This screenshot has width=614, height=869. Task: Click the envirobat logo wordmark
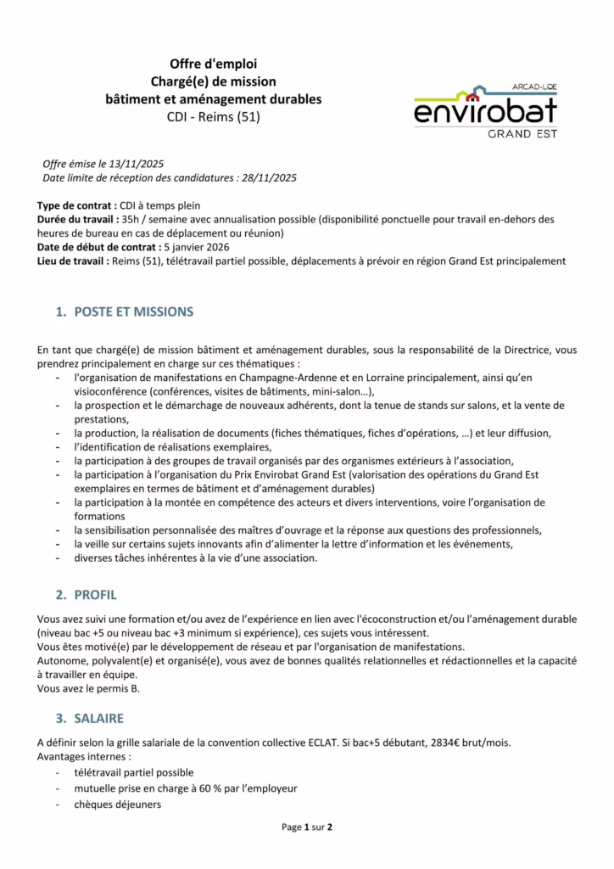485,110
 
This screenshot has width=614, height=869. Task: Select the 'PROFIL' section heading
95,595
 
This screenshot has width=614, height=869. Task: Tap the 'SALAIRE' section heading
98,718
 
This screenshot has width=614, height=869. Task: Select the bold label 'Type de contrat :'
76,205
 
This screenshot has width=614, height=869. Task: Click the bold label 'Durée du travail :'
79,219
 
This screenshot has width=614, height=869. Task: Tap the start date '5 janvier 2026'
197,247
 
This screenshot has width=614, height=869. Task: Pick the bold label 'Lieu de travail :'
73,261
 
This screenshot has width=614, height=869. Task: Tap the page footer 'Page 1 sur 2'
307,827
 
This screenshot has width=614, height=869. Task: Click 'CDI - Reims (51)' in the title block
213,116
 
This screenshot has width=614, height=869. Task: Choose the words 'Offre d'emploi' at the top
213,64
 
